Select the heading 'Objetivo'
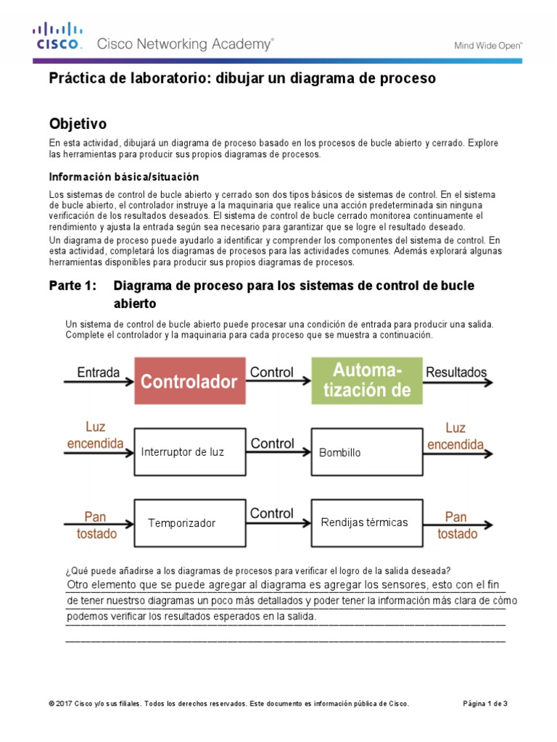click(78, 123)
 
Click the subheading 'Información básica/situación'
click(123, 177)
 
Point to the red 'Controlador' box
click(189, 381)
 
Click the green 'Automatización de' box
click(367, 381)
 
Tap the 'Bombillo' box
click(367, 452)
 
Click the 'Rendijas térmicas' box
click(367, 522)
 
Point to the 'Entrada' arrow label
click(98, 372)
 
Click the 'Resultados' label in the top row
click(456, 372)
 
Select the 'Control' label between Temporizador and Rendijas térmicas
click(272, 513)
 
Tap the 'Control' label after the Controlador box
click(272, 372)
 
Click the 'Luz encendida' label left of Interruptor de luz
click(95, 435)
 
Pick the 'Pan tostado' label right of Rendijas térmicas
click(455, 525)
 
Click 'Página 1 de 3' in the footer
click(485, 704)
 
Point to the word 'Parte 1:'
click(72, 285)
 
